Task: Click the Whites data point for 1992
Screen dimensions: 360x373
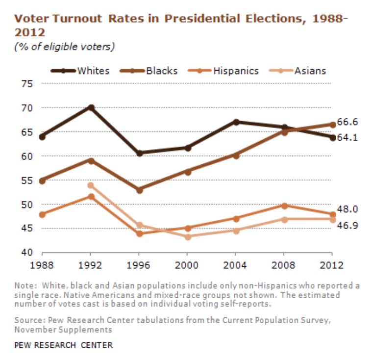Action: tap(91, 107)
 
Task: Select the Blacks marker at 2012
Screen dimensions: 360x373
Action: tap(332, 125)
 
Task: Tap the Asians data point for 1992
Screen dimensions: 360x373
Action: tap(91, 185)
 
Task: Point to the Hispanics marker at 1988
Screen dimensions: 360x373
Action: tap(43, 214)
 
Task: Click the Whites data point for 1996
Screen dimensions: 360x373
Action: tap(139, 153)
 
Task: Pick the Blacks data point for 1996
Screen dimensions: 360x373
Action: tap(139, 190)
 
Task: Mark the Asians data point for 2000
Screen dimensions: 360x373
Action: tap(187, 236)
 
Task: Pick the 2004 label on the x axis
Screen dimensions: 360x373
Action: tap(235, 265)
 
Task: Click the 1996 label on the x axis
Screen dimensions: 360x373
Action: tap(139, 265)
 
